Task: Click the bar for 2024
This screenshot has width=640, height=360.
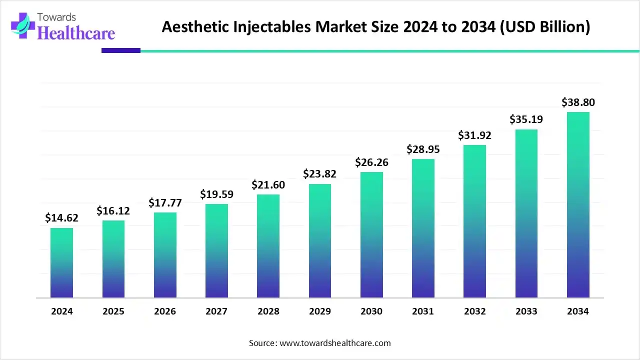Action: pos(61,263)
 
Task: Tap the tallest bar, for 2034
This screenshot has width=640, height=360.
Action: pos(578,205)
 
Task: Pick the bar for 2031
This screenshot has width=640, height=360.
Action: pos(423,228)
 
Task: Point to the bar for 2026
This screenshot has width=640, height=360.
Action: pos(165,255)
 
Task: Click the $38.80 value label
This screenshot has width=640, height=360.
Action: pos(578,102)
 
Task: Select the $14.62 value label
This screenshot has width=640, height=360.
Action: pos(61,218)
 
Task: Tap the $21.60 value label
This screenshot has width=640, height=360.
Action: pos(268,185)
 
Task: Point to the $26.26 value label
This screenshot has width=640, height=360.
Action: pos(371,162)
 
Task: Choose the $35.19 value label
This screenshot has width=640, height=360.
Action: pos(526,119)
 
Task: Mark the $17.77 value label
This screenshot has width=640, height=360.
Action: pos(165,203)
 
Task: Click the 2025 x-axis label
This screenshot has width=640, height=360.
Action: pos(113,311)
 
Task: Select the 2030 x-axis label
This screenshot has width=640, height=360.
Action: pos(371,311)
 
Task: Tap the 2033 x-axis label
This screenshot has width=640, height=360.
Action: pos(526,311)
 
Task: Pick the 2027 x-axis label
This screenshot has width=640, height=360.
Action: pos(216,311)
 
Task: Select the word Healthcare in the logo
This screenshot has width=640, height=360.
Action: pos(76,32)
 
